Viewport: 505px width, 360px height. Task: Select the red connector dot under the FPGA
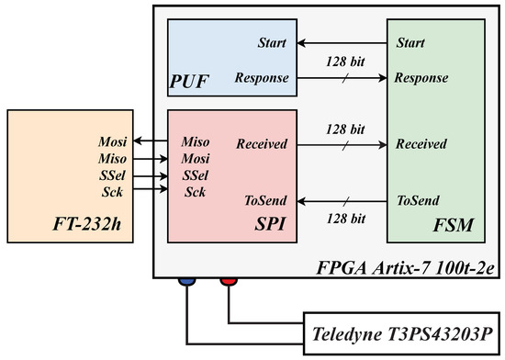[227, 284]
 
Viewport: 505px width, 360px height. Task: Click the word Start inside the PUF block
[271, 42]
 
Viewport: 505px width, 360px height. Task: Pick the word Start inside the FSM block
[411, 42]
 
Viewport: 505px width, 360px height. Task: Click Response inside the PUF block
[262, 80]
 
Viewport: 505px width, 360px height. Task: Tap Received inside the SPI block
[263, 144]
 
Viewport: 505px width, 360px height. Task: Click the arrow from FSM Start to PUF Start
[341, 42]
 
